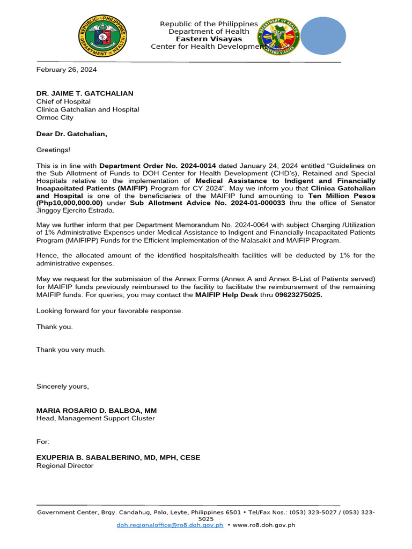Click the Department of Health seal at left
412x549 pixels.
tap(102, 38)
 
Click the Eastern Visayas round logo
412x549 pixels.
tap(279, 37)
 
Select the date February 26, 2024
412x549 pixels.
tap(67, 70)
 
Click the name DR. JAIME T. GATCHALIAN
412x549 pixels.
tap(85, 93)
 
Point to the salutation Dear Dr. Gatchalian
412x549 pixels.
tap(71, 133)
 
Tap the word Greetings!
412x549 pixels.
tap(53, 150)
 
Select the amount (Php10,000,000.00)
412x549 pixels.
tap(69, 203)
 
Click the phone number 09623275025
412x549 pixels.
tap(298, 295)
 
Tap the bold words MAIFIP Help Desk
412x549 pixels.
tap(226, 295)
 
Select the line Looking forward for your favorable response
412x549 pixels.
tap(109, 311)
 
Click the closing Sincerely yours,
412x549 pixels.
tap(63, 386)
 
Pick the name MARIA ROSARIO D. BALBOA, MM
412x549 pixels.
tap(97, 410)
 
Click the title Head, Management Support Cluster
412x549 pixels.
tap(95, 418)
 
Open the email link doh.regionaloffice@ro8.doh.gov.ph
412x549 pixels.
tap(170, 525)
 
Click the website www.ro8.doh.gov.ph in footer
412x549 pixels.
tap(265, 525)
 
